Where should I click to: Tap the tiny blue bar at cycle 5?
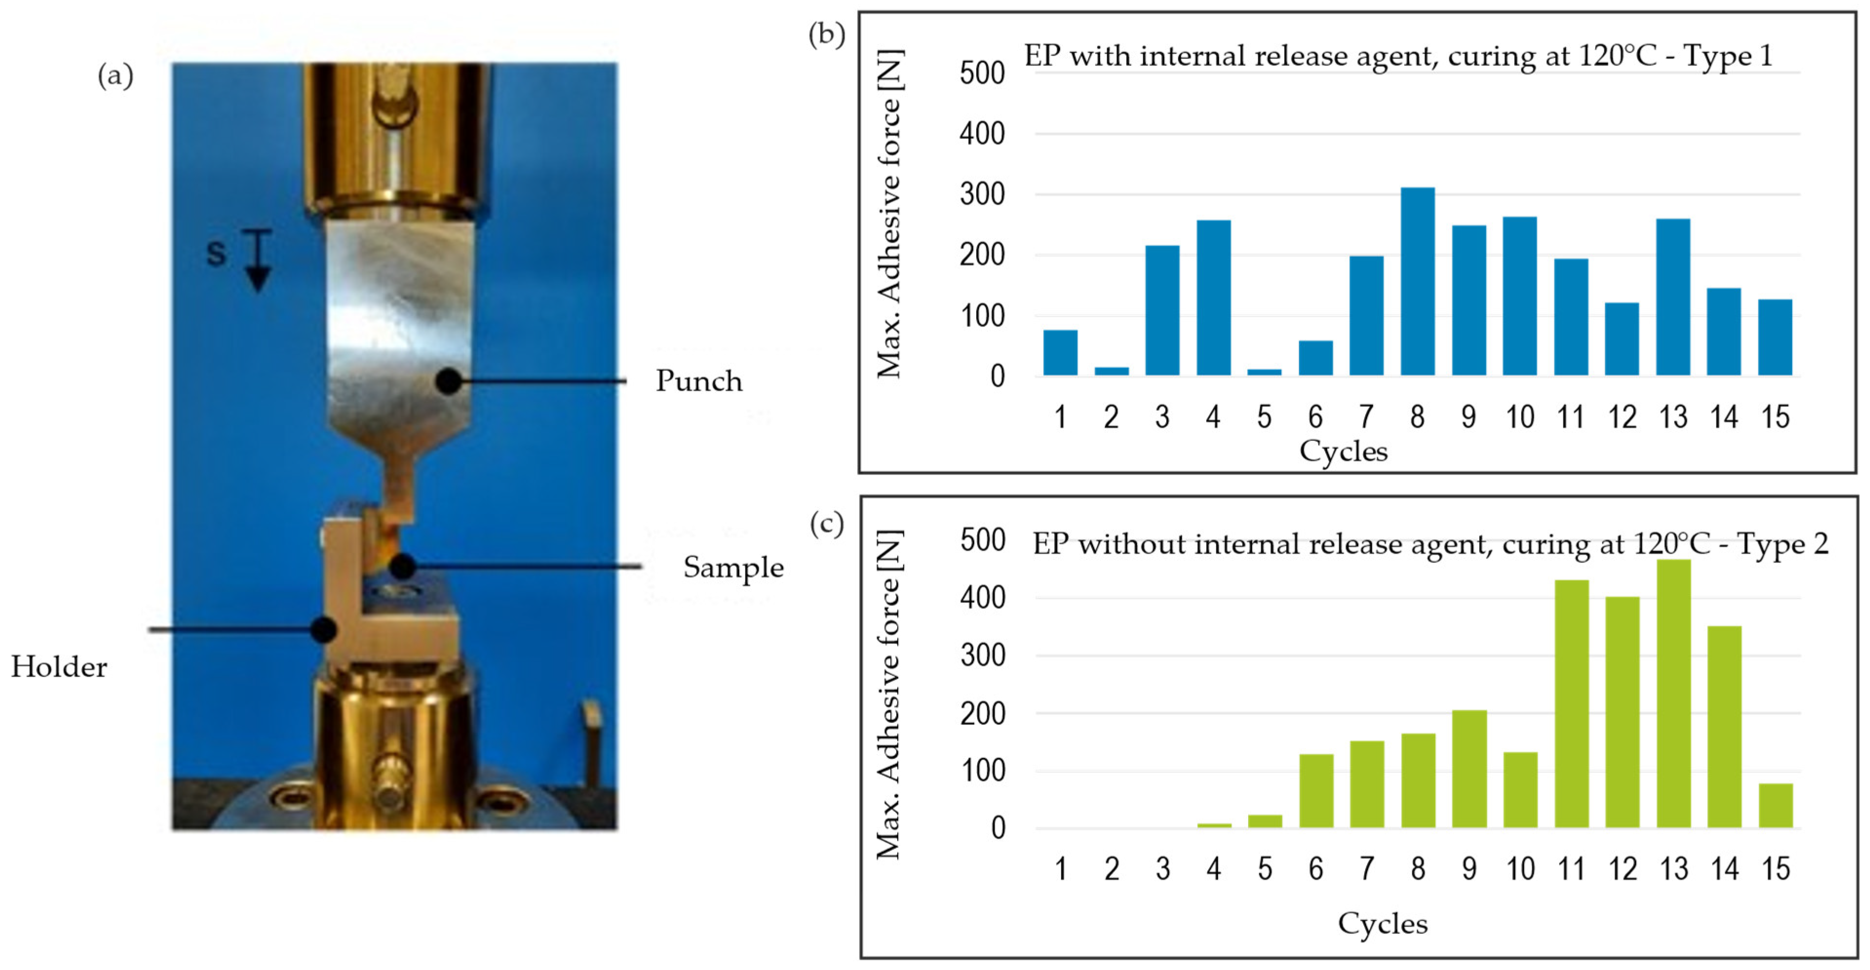pyautogui.click(x=1264, y=372)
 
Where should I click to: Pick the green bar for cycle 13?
pyautogui.click(x=1673, y=693)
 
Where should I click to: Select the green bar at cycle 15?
pyautogui.click(x=1775, y=805)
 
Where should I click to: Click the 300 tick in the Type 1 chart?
pyautogui.click(x=982, y=194)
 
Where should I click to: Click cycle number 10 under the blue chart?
pyautogui.click(x=1520, y=417)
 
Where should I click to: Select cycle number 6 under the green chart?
pyautogui.click(x=1315, y=869)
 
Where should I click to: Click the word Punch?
pyautogui.click(x=698, y=381)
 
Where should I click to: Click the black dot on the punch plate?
pyautogui.click(x=449, y=381)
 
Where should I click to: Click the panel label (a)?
pyautogui.click(x=116, y=76)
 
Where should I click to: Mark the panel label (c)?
pyautogui.click(x=826, y=524)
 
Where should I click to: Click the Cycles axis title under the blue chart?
pyautogui.click(x=1343, y=451)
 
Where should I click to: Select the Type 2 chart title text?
pyautogui.click(x=1429, y=544)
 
